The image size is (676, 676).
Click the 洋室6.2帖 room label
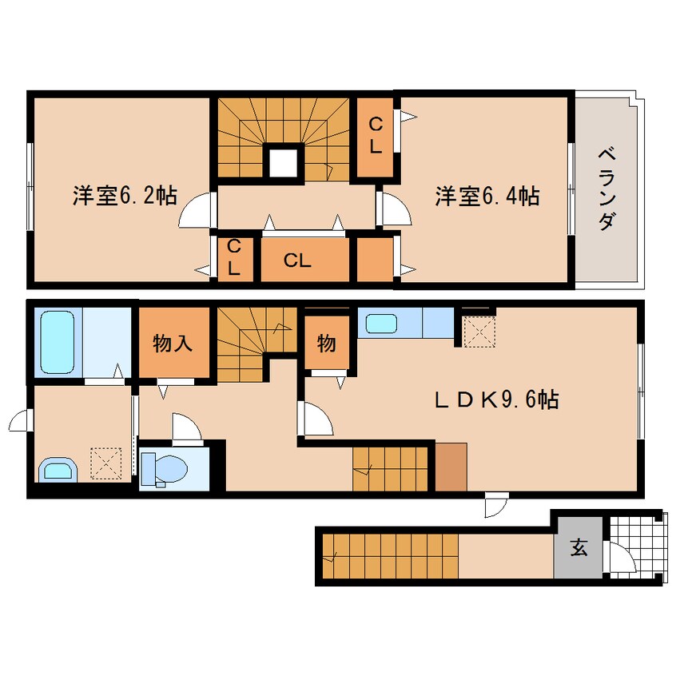tap(125, 196)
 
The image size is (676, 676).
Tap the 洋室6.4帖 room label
tap(487, 196)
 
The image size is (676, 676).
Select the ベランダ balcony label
tap(607, 189)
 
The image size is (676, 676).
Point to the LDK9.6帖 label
tap(497, 399)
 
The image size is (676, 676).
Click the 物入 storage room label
tap(173, 344)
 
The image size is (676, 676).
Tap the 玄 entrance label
tap(579, 547)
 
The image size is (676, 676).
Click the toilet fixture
tap(164, 468)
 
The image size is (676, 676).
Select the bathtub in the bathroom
tap(58, 342)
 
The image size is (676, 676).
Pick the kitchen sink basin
tap(381, 324)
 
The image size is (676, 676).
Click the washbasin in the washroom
tap(58, 471)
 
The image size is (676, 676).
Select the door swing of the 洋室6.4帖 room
tap(394, 209)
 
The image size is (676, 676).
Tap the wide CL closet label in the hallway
tap(297, 260)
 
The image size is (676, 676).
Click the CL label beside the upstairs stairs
tap(376, 136)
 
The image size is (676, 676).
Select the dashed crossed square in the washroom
tap(105, 463)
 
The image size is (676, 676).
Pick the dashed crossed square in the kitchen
tap(479, 332)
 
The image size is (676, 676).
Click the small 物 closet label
tap(326, 344)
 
